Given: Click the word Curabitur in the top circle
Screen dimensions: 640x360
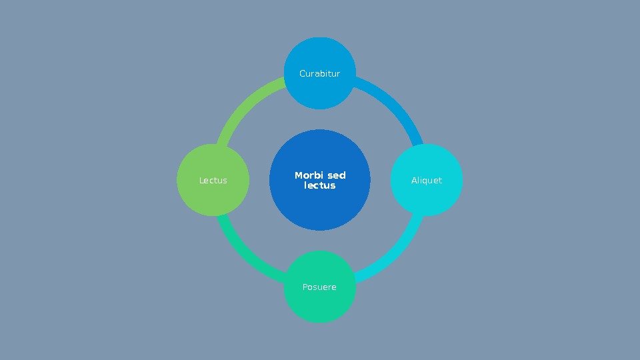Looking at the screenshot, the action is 320,73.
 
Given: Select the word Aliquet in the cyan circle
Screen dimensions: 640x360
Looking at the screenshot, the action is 427,181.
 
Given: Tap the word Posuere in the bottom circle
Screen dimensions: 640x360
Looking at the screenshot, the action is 319,287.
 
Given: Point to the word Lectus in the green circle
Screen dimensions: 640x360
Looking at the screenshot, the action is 213,181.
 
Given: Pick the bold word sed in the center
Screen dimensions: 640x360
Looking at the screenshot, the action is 337,175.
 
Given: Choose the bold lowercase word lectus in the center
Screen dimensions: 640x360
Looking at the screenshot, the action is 320,185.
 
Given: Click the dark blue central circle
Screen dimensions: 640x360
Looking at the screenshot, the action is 320,210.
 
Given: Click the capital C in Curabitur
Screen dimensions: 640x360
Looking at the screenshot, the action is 303,73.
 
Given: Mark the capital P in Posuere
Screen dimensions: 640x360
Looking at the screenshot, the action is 305,287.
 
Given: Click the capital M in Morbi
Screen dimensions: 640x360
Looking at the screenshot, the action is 299,175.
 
